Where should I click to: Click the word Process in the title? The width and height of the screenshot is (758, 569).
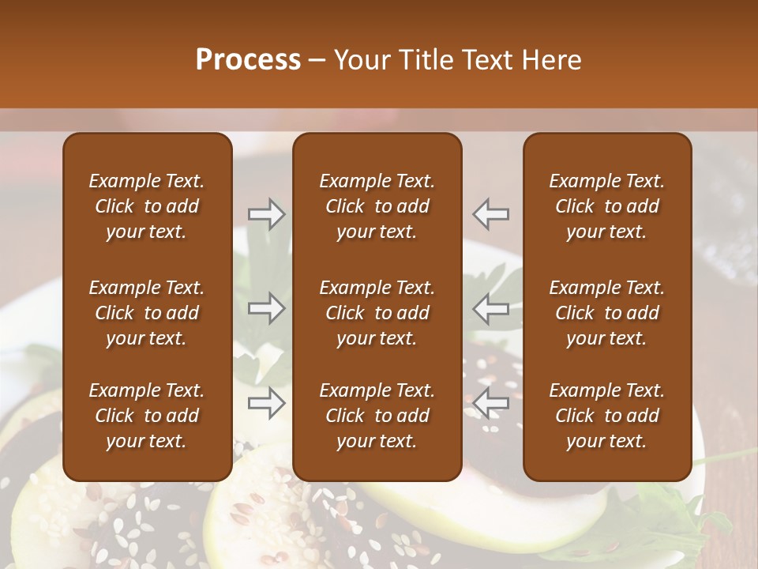pos(248,60)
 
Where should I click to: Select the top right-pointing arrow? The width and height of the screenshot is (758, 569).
pos(267,214)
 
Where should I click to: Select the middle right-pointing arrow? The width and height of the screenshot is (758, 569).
pos(267,309)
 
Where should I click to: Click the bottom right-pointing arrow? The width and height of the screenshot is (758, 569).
pos(267,404)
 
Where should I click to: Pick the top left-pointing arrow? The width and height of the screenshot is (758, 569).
pos(491,214)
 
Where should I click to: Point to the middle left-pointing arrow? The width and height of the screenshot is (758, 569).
pos(491,309)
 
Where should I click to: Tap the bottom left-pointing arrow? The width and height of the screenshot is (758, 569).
pos(491,404)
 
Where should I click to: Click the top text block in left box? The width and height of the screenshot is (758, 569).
pos(147,206)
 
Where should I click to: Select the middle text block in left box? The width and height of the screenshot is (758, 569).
pos(147,313)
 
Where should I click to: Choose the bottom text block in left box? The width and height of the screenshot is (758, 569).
pos(147,416)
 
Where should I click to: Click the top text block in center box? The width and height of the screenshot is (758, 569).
pos(377,206)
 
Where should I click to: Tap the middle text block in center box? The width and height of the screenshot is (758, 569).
pos(377,313)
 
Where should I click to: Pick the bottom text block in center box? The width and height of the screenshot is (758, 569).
pos(377,416)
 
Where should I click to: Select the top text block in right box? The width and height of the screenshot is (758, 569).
pos(606,206)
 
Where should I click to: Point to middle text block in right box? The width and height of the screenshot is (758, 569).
pos(606,313)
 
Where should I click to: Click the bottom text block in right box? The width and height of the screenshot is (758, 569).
pos(606,416)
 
